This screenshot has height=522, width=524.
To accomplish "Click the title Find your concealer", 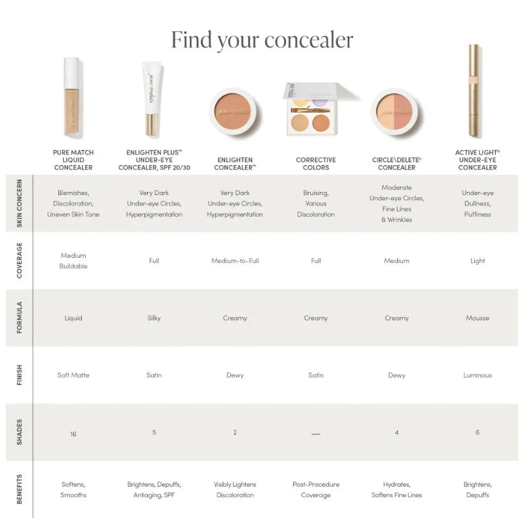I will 262,40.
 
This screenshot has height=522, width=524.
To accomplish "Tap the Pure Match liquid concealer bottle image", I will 72,99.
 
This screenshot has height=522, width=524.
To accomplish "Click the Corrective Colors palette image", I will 315,109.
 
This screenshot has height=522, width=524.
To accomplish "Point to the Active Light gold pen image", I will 474,91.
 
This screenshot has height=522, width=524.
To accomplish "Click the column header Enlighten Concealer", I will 235,164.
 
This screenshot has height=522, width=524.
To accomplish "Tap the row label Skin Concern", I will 19,204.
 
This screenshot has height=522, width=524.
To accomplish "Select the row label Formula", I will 19,318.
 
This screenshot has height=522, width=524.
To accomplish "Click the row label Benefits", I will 19,489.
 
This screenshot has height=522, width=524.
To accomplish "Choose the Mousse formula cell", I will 477,318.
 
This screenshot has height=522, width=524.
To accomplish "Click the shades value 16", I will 73,434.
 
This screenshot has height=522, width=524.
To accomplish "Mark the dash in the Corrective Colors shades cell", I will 315,434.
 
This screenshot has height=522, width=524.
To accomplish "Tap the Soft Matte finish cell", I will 73,375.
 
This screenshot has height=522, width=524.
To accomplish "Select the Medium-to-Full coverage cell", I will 235,261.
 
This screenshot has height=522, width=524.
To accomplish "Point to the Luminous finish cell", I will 477,375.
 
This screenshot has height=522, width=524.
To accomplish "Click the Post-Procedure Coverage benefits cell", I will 315,489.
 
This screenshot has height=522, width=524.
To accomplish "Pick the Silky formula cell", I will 154,318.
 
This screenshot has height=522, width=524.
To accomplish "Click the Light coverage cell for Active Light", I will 477,261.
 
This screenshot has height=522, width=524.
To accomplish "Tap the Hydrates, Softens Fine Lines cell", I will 397,489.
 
